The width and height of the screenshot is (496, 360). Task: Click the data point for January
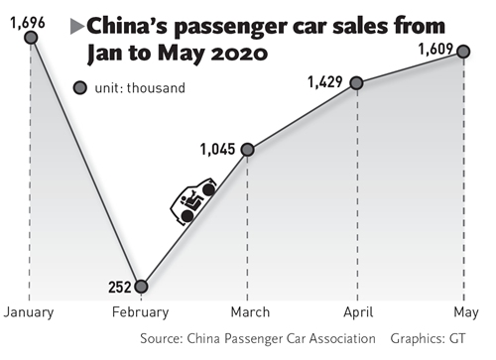tap(32, 38)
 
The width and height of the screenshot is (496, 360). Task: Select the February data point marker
tap(142, 287)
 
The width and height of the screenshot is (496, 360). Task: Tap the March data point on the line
tap(247, 150)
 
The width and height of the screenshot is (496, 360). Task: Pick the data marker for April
tap(356, 83)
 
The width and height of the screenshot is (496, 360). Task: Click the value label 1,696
tap(25, 12)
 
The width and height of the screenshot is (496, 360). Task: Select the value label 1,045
tap(217, 150)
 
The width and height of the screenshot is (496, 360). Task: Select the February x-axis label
tap(142, 312)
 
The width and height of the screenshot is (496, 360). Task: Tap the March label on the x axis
tap(248, 312)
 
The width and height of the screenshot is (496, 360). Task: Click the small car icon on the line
tap(194, 202)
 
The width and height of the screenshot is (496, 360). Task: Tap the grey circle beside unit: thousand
tap(80, 89)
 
